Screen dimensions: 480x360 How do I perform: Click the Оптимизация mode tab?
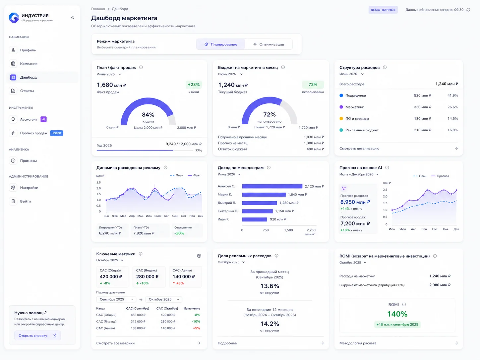click(268, 44)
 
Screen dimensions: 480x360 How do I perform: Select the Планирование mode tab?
click(221, 44)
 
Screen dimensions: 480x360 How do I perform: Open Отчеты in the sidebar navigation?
click(27, 91)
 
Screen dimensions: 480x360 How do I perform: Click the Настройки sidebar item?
click(29, 188)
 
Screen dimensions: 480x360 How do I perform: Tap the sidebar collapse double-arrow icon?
click(73, 18)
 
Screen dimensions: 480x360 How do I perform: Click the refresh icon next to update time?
click(468, 10)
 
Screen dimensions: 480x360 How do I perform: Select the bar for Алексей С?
click(272, 186)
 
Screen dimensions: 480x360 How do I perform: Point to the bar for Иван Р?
click(254, 219)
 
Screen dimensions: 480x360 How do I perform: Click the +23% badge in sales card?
click(194, 85)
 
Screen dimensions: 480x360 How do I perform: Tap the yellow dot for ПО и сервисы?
click(341, 118)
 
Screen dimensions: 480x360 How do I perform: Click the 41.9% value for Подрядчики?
click(452, 95)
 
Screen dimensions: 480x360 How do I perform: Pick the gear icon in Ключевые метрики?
click(199, 256)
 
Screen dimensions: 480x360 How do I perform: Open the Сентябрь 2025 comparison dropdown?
click(116, 299)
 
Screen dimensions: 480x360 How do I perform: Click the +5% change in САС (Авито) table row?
click(196, 328)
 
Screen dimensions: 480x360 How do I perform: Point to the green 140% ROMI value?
click(397, 314)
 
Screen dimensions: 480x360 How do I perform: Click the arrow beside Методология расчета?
click(456, 343)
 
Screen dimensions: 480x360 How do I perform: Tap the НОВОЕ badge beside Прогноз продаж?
click(56, 133)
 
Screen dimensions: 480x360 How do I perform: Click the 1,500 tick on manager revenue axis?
click(288, 230)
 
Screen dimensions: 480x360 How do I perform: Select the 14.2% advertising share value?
click(270, 324)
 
